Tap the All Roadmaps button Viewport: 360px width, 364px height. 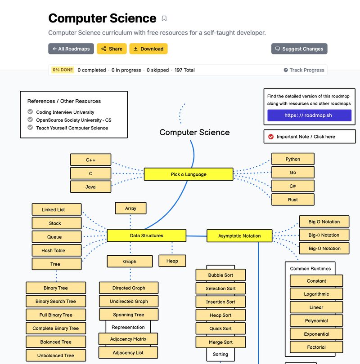pyautogui.click(x=71, y=49)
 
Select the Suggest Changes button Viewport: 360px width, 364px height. pyautogui.click(x=299, y=49)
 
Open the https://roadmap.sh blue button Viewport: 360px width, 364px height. pyautogui.click(x=309, y=115)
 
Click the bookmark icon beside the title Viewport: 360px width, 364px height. pyautogui.click(x=164, y=18)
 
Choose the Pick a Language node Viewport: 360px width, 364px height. pyautogui.click(x=189, y=174)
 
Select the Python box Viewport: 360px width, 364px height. pyautogui.click(x=292, y=159)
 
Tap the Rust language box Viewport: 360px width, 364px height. pyautogui.click(x=292, y=200)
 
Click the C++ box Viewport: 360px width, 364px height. pyautogui.click(x=90, y=160)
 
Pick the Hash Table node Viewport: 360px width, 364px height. pyautogui.click(x=56, y=250)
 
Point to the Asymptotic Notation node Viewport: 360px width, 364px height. pyautogui.click(x=239, y=236)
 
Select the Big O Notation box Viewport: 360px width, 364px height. pyautogui.click(x=324, y=222)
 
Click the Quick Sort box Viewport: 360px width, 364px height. pyautogui.click(x=220, y=328)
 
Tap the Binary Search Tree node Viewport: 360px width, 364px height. pyautogui.click(x=56, y=302)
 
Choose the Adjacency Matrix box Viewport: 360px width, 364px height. pyautogui.click(x=128, y=339)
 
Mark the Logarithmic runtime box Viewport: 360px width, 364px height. pyautogui.click(x=316, y=294)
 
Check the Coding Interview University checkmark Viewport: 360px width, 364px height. pyautogui.click(x=30, y=112)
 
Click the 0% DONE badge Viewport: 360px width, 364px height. pyautogui.click(x=63, y=70)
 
